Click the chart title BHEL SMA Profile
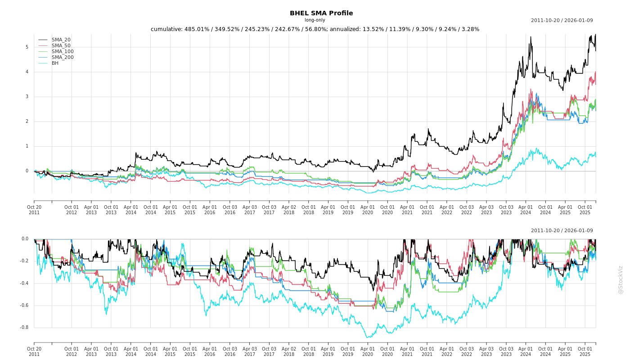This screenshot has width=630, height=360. tap(321, 13)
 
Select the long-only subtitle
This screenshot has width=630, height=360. tap(315, 20)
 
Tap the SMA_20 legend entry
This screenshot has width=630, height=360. tap(61, 40)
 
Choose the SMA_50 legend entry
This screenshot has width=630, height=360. tap(61, 46)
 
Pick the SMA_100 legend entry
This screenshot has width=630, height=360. tap(63, 52)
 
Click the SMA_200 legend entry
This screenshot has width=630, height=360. tap(63, 58)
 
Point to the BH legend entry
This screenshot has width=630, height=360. tap(55, 63)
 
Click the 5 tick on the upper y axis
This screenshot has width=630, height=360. tap(27, 47)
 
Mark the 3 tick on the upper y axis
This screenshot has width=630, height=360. tap(27, 97)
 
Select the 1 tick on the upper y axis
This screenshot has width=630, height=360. tap(27, 146)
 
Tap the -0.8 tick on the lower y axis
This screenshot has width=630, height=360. tap(24, 328)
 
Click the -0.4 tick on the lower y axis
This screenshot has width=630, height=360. tap(24, 283)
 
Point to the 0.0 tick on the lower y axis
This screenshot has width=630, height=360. tap(25, 239)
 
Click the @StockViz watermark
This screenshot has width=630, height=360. tap(621, 279)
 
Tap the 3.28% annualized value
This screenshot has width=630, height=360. tap(470, 29)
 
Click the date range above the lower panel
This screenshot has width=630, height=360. tap(562, 231)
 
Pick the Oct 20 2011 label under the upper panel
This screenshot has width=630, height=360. tap(34, 210)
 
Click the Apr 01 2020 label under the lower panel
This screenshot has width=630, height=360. tap(368, 351)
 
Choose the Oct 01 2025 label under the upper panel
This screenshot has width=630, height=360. tap(585, 210)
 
